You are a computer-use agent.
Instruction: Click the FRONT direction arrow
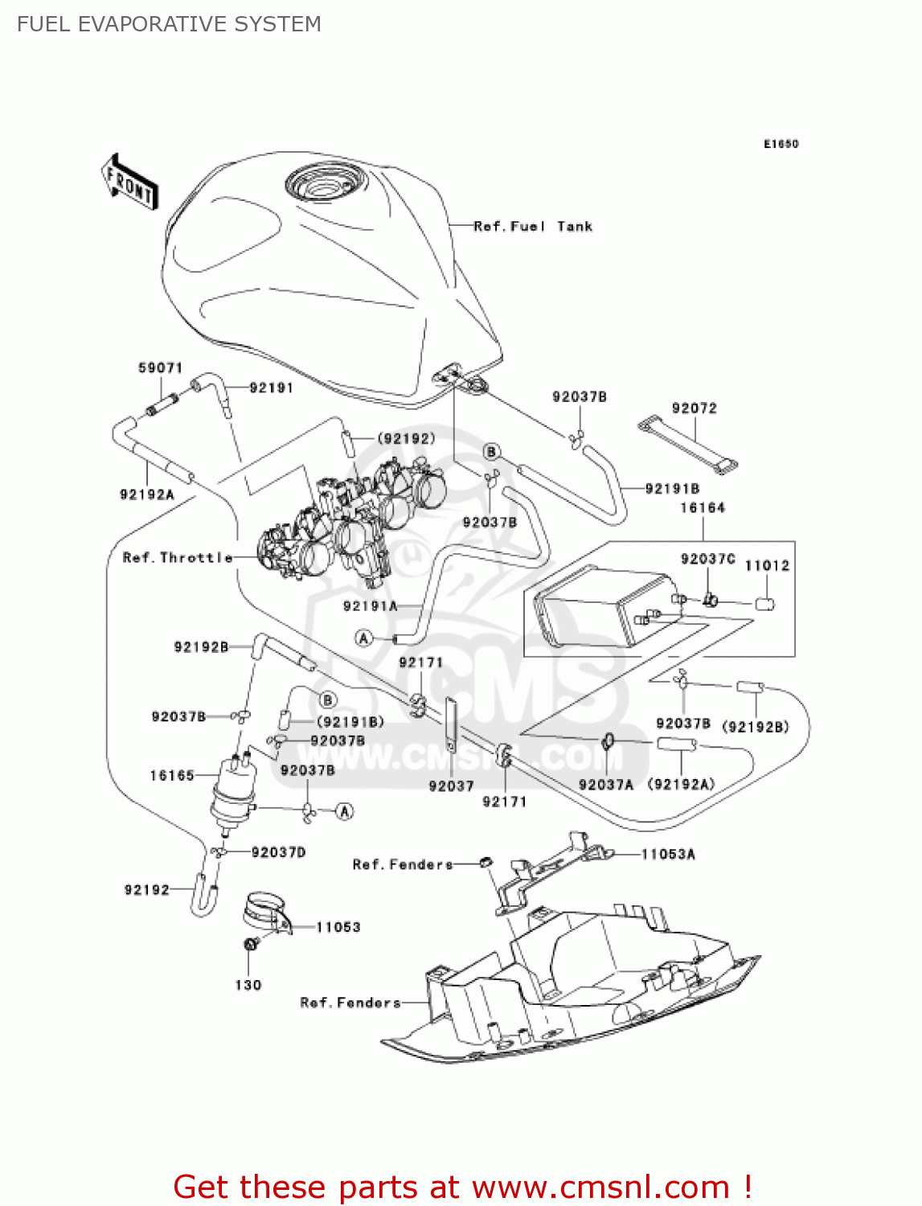click(x=129, y=183)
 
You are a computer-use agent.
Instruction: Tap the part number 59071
click(x=160, y=367)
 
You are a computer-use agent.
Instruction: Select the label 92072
click(x=694, y=408)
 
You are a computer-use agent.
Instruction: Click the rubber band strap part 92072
click(x=688, y=444)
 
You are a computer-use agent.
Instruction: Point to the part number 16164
click(x=702, y=507)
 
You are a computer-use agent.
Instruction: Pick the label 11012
click(x=767, y=565)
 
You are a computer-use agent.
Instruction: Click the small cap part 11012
click(x=764, y=603)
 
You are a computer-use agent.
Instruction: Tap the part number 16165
click(x=172, y=775)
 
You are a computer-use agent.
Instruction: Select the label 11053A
click(x=667, y=854)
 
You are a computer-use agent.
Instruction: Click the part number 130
click(x=248, y=985)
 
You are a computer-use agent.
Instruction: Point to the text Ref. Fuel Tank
click(x=533, y=227)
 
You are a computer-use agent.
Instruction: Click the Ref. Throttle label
click(x=177, y=557)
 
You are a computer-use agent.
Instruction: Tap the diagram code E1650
click(x=781, y=144)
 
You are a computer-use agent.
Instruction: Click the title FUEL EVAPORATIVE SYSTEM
click(x=169, y=24)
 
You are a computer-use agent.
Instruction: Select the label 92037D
click(x=278, y=851)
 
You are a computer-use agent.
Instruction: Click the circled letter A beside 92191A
click(x=364, y=638)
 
